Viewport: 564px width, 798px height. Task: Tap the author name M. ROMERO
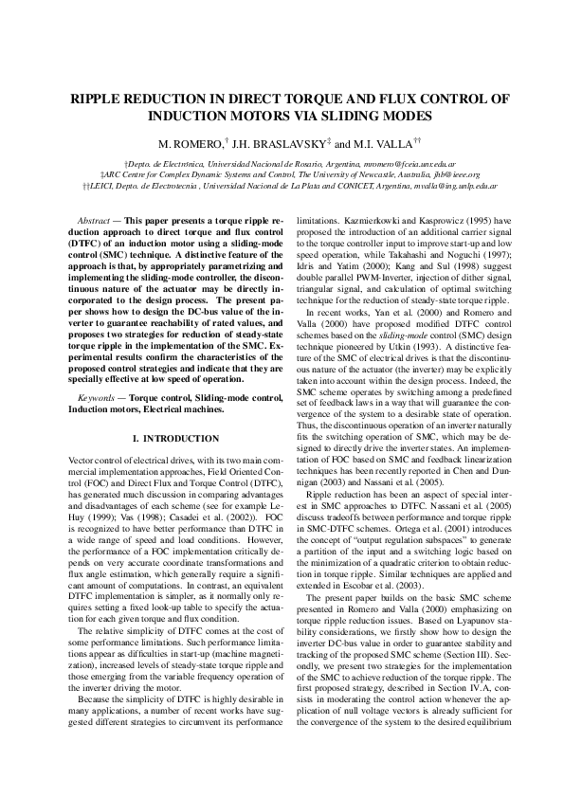tap(189, 143)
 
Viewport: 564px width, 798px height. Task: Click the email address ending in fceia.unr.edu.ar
tap(391, 163)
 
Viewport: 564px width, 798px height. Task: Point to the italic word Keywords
tap(99, 378)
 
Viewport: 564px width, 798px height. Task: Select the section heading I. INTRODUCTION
tap(174, 439)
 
